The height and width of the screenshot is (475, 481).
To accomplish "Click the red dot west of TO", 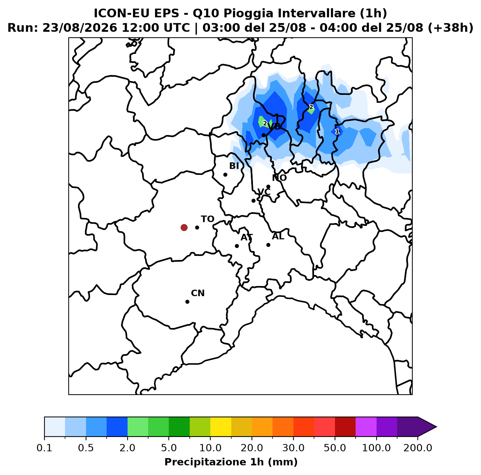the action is pos(184,227).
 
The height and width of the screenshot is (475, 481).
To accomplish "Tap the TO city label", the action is pos(208,219).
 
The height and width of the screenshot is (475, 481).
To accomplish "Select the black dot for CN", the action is pos(187,302).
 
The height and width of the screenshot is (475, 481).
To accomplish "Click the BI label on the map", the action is pos(234,166).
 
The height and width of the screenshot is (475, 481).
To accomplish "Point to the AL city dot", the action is pos(268,245).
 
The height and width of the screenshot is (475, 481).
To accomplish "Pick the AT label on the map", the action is pos(246,237).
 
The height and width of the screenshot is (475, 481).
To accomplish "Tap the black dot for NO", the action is pos(268,186).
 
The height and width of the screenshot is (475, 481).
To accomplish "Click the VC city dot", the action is pos(253,201).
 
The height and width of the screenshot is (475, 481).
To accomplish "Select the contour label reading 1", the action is pos(337,131).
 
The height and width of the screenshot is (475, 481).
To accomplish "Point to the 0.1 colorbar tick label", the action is pos(44,448).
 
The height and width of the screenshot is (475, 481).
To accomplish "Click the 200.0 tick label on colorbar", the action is pos(418,448).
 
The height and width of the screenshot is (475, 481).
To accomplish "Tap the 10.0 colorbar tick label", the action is pos(210,448).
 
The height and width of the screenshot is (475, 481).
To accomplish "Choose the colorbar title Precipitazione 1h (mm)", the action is pos(231,462).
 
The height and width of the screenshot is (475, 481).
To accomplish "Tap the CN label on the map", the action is pos(198,293).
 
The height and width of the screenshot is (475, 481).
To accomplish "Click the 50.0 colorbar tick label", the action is pos(335,448).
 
